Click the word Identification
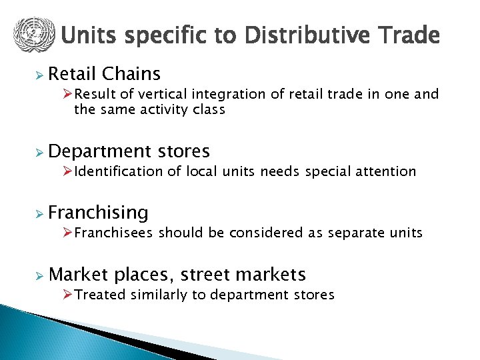(119, 171)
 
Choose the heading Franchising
(98, 213)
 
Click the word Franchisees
(114, 233)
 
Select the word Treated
(100, 295)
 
